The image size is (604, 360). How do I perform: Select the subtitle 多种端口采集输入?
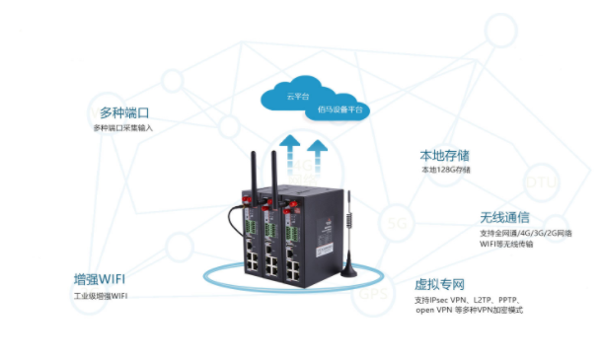point(123,128)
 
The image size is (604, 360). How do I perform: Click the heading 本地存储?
point(445,154)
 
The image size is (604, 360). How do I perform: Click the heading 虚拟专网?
point(440,282)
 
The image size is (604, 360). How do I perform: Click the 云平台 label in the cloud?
point(297,97)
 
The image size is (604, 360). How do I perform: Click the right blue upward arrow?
point(317,156)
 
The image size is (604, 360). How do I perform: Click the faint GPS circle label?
point(371,294)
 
